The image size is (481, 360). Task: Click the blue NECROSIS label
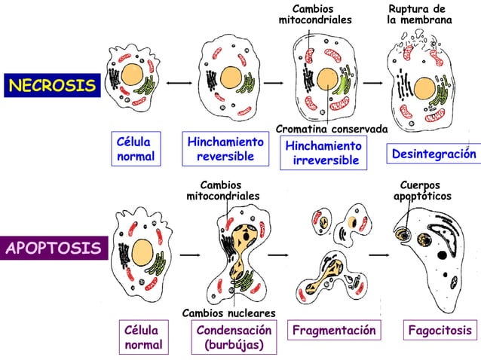(52, 86)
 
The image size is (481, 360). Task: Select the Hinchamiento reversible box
(225, 149)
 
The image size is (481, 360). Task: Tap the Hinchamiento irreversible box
(323, 154)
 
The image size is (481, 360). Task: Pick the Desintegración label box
(434, 154)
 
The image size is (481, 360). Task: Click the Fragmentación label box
(333, 331)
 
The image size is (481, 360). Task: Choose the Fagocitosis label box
(440, 331)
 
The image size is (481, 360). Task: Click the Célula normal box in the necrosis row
(135, 149)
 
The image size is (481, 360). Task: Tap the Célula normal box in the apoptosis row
(142, 338)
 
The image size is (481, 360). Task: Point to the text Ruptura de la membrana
(419, 14)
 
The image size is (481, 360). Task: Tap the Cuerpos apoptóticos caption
(422, 191)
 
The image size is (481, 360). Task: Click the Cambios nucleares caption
(229, 313)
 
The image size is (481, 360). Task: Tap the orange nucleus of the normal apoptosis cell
(143, 250)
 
